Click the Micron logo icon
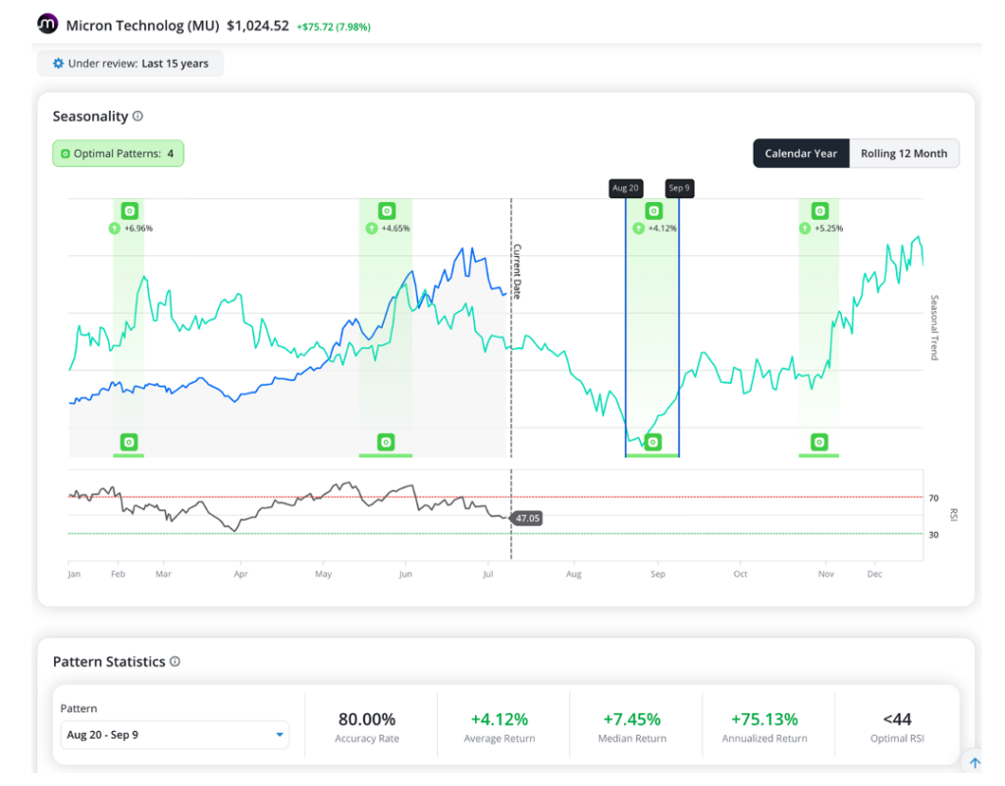(x=47, y=24)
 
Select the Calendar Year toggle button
(x=801, y=154)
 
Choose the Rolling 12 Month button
(x=904, y=154)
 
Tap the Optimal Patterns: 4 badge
(x=118, y=154)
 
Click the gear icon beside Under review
(x=58, y=64)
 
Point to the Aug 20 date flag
(x=625, y=187)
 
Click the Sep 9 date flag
(x=679, y=187)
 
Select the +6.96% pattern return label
(x=138, y=228)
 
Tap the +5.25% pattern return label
(x=828, y=228)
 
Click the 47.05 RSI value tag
(x=527, y=518)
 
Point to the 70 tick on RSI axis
(x=933, y=498)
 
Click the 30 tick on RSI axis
(x=933, y=535)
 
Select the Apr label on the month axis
(x=241, y=574)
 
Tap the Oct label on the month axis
(x=740, y=574)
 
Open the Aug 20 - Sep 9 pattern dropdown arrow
(x=280, y=735)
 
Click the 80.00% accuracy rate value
(x=367, y=719)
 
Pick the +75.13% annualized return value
(x=765, y=719)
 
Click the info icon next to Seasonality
(x=137, y=116)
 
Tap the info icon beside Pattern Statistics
(x=175, y=661)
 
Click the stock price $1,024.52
(x=258, y=26)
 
